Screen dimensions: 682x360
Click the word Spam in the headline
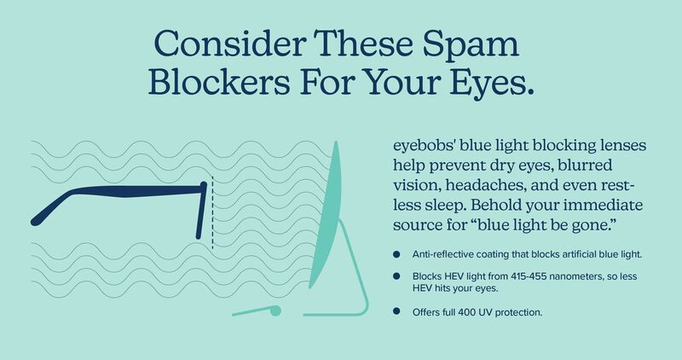click(471, 45)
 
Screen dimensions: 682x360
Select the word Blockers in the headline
click(219, 81)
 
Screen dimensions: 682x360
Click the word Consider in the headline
click(230, 44)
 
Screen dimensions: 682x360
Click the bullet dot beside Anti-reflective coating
click(396, 254)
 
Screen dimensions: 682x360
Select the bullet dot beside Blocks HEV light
click(396, 276)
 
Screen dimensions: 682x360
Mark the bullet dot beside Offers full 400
click(396, 311)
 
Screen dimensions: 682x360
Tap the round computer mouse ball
click(275, 311)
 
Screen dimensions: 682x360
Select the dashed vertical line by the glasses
click(212, 212)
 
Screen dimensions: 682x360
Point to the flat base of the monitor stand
click(331, 314)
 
